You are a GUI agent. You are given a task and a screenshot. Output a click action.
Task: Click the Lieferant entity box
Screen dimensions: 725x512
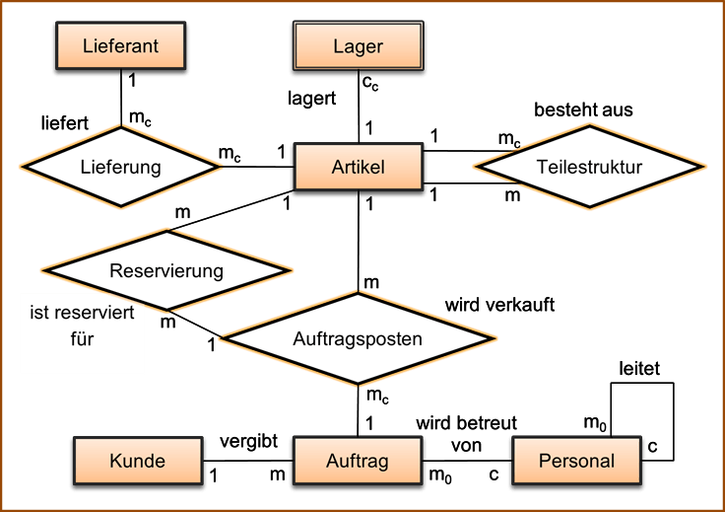[x=121, y=45]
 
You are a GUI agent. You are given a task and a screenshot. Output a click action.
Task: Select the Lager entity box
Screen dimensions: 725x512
[x=359, y=45]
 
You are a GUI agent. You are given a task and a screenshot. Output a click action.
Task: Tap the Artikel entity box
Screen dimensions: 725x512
[x=359, y=167]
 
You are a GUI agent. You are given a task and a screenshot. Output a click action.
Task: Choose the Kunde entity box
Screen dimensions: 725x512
[x=138, y=461]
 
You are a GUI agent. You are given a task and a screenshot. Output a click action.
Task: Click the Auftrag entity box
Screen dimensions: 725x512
[x=358, y=461]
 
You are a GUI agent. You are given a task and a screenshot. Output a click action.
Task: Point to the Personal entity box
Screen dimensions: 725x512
[x=576, y=461]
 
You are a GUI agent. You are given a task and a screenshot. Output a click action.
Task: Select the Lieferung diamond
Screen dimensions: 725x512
[x=121, y=167]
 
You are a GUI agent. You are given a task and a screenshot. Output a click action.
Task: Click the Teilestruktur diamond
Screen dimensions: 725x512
[x=589, y=167]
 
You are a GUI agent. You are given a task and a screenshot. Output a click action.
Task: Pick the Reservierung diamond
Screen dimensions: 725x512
[x=166, y=270]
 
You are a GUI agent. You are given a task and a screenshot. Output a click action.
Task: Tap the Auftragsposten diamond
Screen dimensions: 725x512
[x=358, y=338]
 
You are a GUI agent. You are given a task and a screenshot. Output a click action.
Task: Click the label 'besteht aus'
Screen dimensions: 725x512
[x=583, y=110]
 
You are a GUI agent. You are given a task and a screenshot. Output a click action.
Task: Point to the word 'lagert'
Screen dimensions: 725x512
[x=311, y=99]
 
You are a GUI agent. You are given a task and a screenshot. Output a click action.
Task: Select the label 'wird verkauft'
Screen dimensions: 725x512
[x=499, y=305]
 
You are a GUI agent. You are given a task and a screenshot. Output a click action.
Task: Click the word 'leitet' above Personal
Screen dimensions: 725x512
[x=639, y=369]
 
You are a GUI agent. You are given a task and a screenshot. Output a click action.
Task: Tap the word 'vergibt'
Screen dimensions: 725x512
[x=249, y=441]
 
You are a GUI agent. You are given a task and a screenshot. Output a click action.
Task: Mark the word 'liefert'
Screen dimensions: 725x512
[x=65, y=123]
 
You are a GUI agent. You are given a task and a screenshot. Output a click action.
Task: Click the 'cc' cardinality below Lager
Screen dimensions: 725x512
[x=370, y=83]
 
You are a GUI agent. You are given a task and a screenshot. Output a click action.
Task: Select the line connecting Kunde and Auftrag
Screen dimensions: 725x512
[x=248, y=461]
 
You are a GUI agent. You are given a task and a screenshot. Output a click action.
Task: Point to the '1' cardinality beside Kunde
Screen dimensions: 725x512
[x=213, y=475]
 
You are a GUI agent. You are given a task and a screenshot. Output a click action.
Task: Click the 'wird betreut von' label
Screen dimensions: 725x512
[x=466, y=434]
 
